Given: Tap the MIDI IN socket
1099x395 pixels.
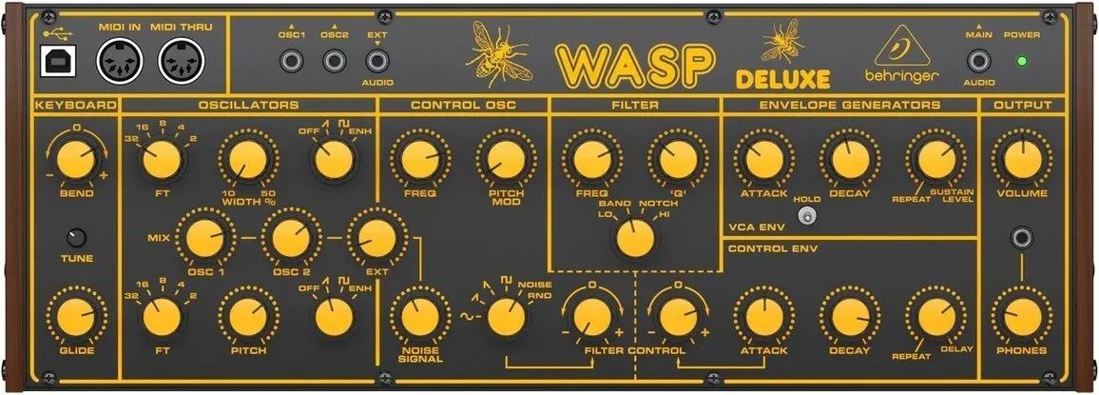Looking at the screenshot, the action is [119, 60].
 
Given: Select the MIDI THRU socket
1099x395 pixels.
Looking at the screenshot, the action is [182, 60].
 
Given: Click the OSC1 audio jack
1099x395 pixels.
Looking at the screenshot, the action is [292, 61].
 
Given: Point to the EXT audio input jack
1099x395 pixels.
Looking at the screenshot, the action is [377, 61].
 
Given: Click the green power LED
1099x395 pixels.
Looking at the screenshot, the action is [1022, 61].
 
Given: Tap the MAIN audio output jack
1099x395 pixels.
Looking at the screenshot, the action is [978, 61].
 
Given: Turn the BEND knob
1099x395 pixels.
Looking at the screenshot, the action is [76, 160].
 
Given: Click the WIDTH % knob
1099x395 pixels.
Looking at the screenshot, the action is [247, 160].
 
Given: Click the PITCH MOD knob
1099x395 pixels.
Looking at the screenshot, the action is [506, 160].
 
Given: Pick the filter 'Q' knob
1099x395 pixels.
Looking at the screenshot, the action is [678, 160].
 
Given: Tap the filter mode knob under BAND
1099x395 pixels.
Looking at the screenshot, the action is [635, 239].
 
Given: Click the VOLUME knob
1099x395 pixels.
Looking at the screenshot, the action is [1022, 160].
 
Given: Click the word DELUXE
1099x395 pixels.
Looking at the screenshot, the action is [783, 79].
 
